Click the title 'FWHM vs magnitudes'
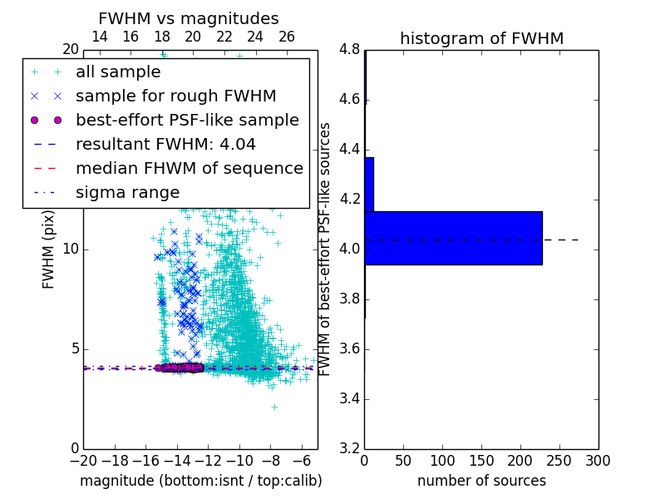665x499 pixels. point(188,19)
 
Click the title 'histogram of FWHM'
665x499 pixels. point(481,38)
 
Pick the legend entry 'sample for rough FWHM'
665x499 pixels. point(175,96)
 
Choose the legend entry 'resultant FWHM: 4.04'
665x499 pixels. point(165,144)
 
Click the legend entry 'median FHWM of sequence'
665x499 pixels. point(189,168)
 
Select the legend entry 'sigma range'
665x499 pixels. point(127,192)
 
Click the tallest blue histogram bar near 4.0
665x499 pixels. point(453,238)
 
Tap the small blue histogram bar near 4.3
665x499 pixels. point(369,184)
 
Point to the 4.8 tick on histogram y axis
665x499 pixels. point(349,50)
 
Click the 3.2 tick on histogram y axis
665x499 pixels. point(349,448)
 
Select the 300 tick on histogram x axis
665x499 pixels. point(598,460)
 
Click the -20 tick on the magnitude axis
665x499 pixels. point(83,460)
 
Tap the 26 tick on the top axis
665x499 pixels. point(287,37)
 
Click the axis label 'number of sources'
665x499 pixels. point(481,481)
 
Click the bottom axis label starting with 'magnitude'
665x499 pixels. point(200,481)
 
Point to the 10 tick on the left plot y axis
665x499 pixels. point(70,249)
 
